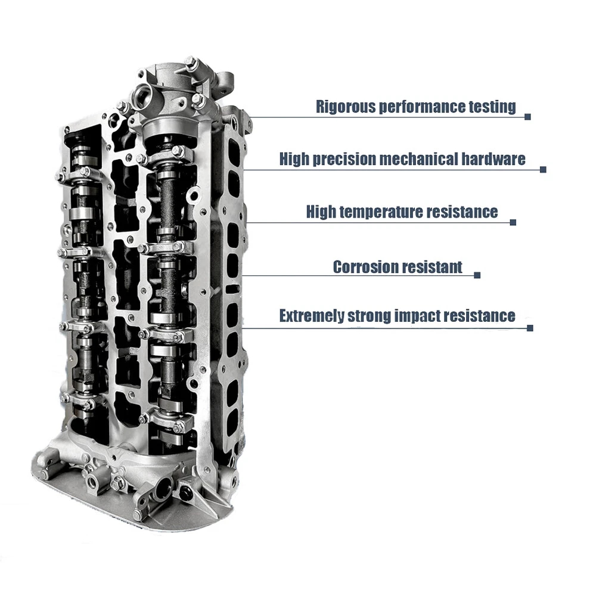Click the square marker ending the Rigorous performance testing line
527,117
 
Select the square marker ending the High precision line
543,169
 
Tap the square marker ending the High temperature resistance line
513,222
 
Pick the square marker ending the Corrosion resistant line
477,275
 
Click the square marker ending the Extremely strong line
530,328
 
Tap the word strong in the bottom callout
370,316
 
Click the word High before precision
294,159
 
